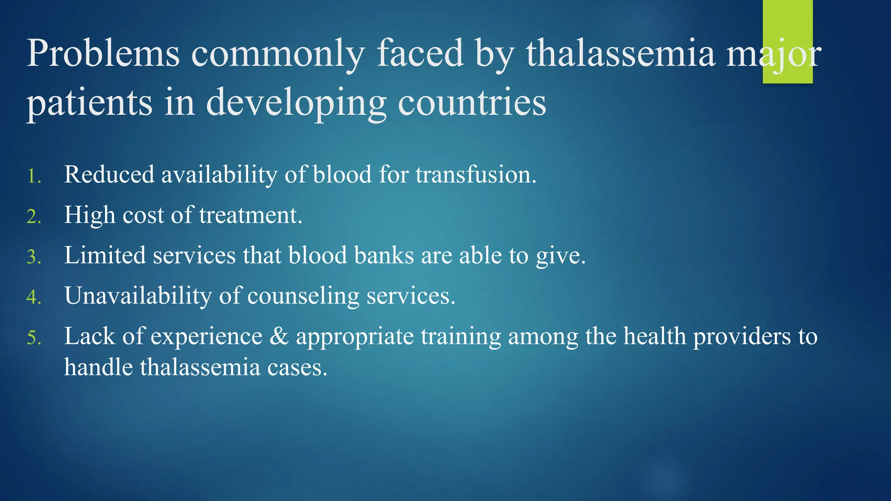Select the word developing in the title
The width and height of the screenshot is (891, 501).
[x=296, y=103]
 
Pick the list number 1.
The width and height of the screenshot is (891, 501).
[x=33, y=177]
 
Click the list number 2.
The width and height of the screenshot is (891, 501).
[x=33, y=217]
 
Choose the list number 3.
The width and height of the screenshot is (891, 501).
[x=33, y=257]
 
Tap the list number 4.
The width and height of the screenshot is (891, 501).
[x=33, y=297]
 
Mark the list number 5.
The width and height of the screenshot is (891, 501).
[x=33, y=338]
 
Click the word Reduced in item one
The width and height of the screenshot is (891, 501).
[x=109, y=174]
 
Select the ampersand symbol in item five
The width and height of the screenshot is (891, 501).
[x=279, y=336]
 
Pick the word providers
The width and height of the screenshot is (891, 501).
[x=742, y=336]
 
